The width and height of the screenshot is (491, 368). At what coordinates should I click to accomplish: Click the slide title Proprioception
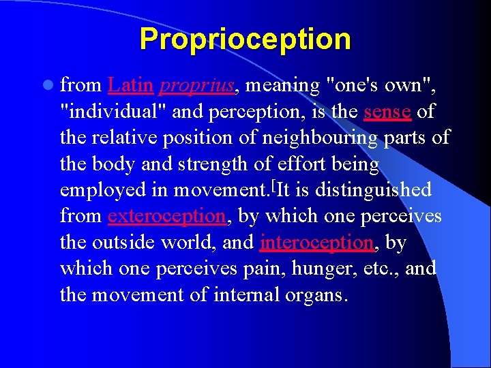[245, 40]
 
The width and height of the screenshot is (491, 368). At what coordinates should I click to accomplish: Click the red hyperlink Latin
[130, 86]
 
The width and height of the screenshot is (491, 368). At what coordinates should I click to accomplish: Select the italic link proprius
[197, 86]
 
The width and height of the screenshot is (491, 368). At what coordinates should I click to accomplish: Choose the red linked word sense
[387, 112]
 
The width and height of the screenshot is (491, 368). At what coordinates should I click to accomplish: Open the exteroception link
[166, 216]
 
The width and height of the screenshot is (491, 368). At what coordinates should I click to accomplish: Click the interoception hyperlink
[316, 243]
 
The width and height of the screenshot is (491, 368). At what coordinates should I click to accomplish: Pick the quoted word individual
[110, 112]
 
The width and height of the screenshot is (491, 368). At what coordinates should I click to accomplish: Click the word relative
[128, 138]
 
